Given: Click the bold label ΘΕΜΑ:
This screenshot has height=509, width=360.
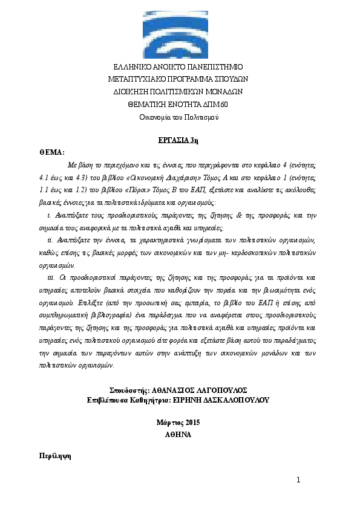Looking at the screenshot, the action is coord(51,152).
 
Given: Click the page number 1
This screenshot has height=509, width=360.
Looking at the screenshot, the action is coord(298,480).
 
